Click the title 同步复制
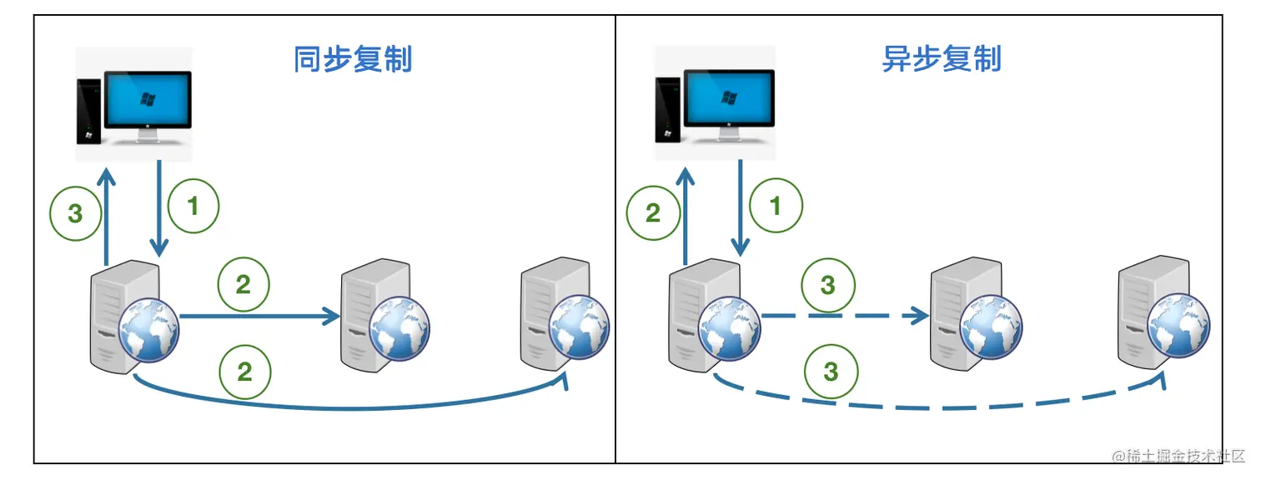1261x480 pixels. [353, 60]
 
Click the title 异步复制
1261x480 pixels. [942, 60]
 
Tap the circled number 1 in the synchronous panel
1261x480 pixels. [193, 207]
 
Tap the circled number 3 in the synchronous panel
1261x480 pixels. [75, 214]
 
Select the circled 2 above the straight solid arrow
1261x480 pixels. [244, 285]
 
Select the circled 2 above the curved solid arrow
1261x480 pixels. [244, 371]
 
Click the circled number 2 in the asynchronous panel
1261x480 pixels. [653, 214]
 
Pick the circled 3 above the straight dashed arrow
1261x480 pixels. [827, 286]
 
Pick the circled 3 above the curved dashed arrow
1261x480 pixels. [831, 371]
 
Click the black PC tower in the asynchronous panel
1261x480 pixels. [666, 108]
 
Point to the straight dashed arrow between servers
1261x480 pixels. [842, 316]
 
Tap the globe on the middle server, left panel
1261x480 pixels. [399, 329]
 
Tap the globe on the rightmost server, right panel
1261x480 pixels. [1178, 327]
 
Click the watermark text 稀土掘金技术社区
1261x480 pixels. [1184, 456]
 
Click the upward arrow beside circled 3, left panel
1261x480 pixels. [105, 217]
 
